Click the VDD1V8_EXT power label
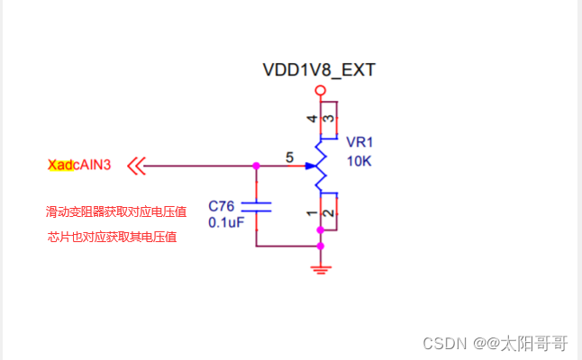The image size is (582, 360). pyautogui.click(x=319, y=70)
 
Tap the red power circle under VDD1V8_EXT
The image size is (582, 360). pyautogui.click(x=321, y=91)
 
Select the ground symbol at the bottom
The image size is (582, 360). pyautogui.click(x=321, y=269)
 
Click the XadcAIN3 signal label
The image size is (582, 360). pyautogui.click(x=79, y=165)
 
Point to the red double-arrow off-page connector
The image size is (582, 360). pyautogui.click(x=137, y=166)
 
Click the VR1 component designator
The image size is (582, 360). pyautogui.click(x=359, y=142)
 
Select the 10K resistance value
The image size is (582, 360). pyautogui.click(x=359, y=161)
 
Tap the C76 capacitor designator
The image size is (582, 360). pyautogui.click(x=222, y=206)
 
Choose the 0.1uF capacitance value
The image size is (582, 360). pyautogui.click(x=226, y=222)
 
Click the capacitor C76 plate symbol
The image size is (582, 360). pyautogui.click(x=256, y=207)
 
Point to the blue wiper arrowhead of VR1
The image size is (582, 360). pyautogui.click(x=310, y=166)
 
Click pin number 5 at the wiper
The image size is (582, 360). pyautogui.click(x=289, y=157)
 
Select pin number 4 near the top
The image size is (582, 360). pyautogui.click(x=312, y=119)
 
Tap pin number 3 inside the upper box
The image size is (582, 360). pyautogui.click(x=329, y=119)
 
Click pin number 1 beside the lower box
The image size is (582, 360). pyautogui.click(x=312, y=213)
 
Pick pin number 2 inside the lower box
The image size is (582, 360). pyautogui.click(x=329, y=213)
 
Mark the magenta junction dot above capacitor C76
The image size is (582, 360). pyautogui.click(x=256, y=166)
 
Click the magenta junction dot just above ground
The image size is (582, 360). pyautogui.click(x=321, y=247)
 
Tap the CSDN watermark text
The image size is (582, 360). pyautogui.click(x=496, y=343)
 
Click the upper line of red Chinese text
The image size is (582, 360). pyautogui.click(x=116, y=211)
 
